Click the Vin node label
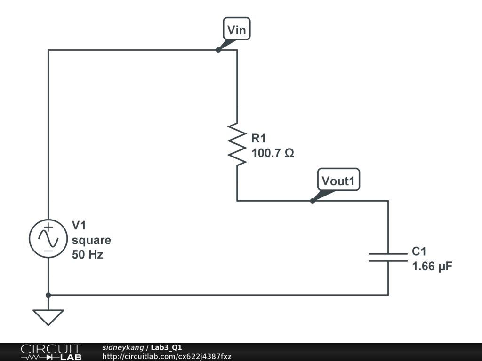[x=236, y=30]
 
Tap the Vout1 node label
[x=338, y=180]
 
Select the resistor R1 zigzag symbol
[x=237, y=144]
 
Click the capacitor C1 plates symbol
[x=388, y=257]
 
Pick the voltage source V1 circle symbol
[x=48, y=238]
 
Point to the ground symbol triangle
[x=48, y=317]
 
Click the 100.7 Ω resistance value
[x=273, y=153]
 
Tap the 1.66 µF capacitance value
[x=432, y=267]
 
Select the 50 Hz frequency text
[x=88, y=255]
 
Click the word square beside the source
[x=91, y=240]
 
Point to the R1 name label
[x=259, y=138]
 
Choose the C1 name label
[x=419, y=251]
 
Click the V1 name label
[x=79, y=226]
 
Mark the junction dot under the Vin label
[x=218, y=50]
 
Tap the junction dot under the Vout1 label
[x=312, y=201]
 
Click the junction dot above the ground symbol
[x=48, y=295]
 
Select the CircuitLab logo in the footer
[x=51, y=352]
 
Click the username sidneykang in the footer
[x=123, y=347]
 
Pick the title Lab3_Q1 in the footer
[x=166, y=347]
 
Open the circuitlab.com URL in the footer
[x=167, y=356]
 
